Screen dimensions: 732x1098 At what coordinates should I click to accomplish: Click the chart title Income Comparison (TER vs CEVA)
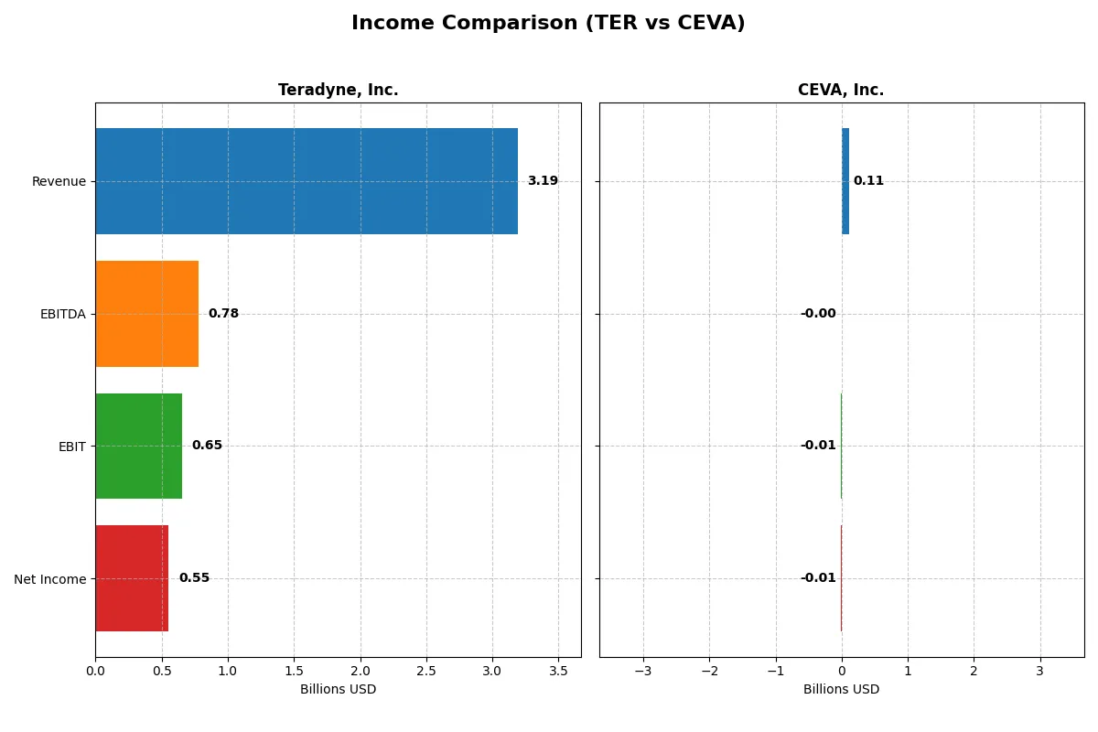point(548,24)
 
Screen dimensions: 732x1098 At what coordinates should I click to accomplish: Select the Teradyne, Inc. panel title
point(338,91)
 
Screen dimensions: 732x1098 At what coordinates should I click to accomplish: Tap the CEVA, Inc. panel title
point(840,91)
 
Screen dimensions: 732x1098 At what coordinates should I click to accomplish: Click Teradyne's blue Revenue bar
point(307,181)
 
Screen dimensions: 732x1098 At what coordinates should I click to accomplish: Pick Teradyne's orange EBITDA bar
point(146,314)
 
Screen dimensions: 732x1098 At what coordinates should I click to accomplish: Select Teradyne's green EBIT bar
point(138,446)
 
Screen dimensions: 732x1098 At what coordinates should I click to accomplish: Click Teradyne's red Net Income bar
point(132,578)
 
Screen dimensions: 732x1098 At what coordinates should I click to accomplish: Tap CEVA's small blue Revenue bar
point(845,181)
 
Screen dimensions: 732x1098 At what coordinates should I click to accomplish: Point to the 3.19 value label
point(543,181)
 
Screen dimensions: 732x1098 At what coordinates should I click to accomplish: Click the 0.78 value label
point(223,314)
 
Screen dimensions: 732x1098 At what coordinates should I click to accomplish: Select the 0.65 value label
point(207,446)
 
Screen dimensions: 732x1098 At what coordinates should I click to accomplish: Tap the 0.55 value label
point(194,578)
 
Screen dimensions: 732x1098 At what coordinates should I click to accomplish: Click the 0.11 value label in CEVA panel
point(868,181)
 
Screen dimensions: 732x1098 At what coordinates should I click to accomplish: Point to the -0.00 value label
point(818,314)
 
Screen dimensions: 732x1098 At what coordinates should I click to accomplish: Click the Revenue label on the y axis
point(59,181)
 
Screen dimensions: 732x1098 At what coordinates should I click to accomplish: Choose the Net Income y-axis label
point(50,579)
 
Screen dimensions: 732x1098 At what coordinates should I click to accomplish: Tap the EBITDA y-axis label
point(63,314)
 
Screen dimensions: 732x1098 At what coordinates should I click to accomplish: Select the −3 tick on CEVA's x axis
point(643,671)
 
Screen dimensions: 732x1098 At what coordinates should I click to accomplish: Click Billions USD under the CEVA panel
point(841,690)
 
